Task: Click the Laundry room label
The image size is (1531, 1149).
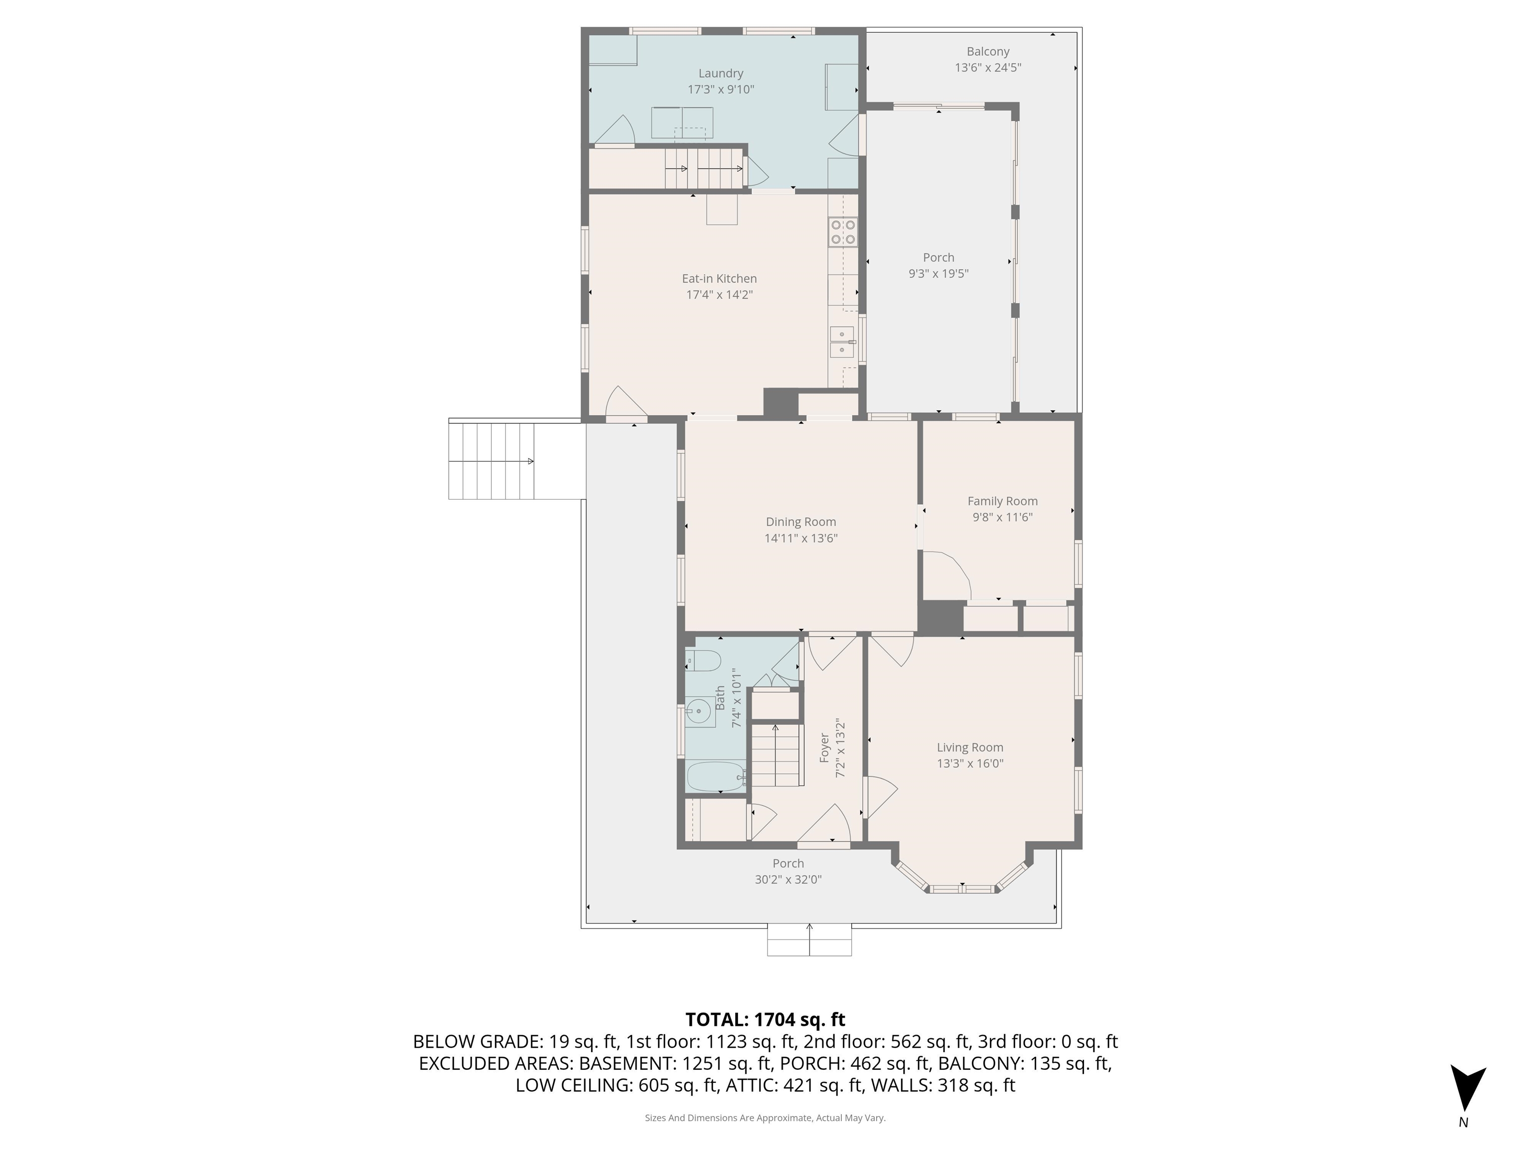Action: (721, 73)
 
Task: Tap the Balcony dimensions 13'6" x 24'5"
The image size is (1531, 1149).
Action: (988, 68)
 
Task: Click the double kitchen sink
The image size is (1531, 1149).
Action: (842, 342)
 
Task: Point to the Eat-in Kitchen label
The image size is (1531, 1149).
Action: (719, 278)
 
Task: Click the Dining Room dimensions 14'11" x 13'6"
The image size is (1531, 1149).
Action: (801, 538)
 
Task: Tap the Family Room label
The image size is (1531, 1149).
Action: (1002, 501)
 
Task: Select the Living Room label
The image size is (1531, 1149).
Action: (970, 748)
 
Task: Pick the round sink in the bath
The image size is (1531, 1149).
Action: (700, 711)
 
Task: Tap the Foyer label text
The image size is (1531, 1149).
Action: (824, 748)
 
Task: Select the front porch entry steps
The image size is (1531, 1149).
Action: (809, 941)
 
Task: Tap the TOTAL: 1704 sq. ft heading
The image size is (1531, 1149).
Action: (765, 1019)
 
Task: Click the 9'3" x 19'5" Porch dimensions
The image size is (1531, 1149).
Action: (938, 274)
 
